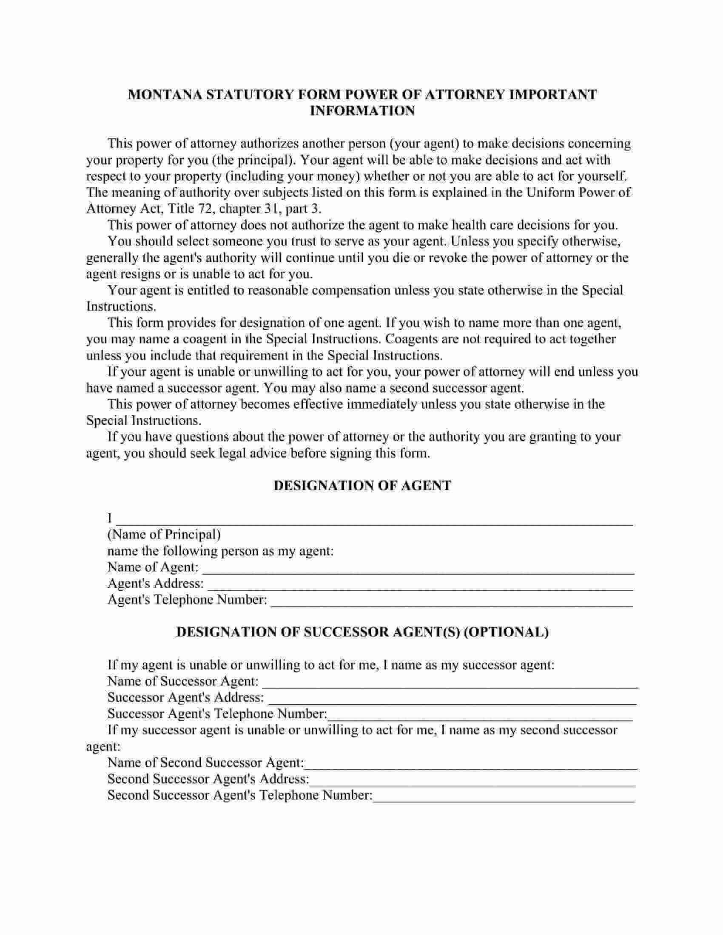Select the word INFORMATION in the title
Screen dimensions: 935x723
(362, 111)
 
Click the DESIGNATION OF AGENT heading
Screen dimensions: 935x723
(362, 485)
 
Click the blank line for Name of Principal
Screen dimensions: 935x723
(374, 520)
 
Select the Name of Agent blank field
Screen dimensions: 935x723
(418, 569)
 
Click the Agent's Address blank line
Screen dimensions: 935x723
(420, 585)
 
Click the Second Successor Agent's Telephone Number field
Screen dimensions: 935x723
(504, 796)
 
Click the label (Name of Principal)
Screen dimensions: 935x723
(164, 535)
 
